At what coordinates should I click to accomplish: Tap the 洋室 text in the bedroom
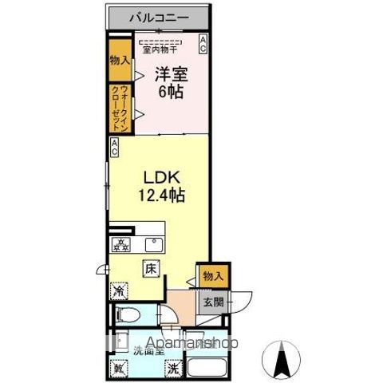[171, 74]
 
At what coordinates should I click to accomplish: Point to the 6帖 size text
[171, 93]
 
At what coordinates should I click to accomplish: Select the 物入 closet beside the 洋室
[118, 59]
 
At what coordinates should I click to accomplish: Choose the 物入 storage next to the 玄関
[214, 276]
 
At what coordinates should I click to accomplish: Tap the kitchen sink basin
[154, 245]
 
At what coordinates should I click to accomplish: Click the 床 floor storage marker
[151, 269]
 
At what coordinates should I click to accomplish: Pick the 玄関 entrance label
[211, 302]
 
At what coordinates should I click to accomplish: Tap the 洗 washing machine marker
[173, 369]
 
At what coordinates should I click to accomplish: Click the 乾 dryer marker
[120, 369]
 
